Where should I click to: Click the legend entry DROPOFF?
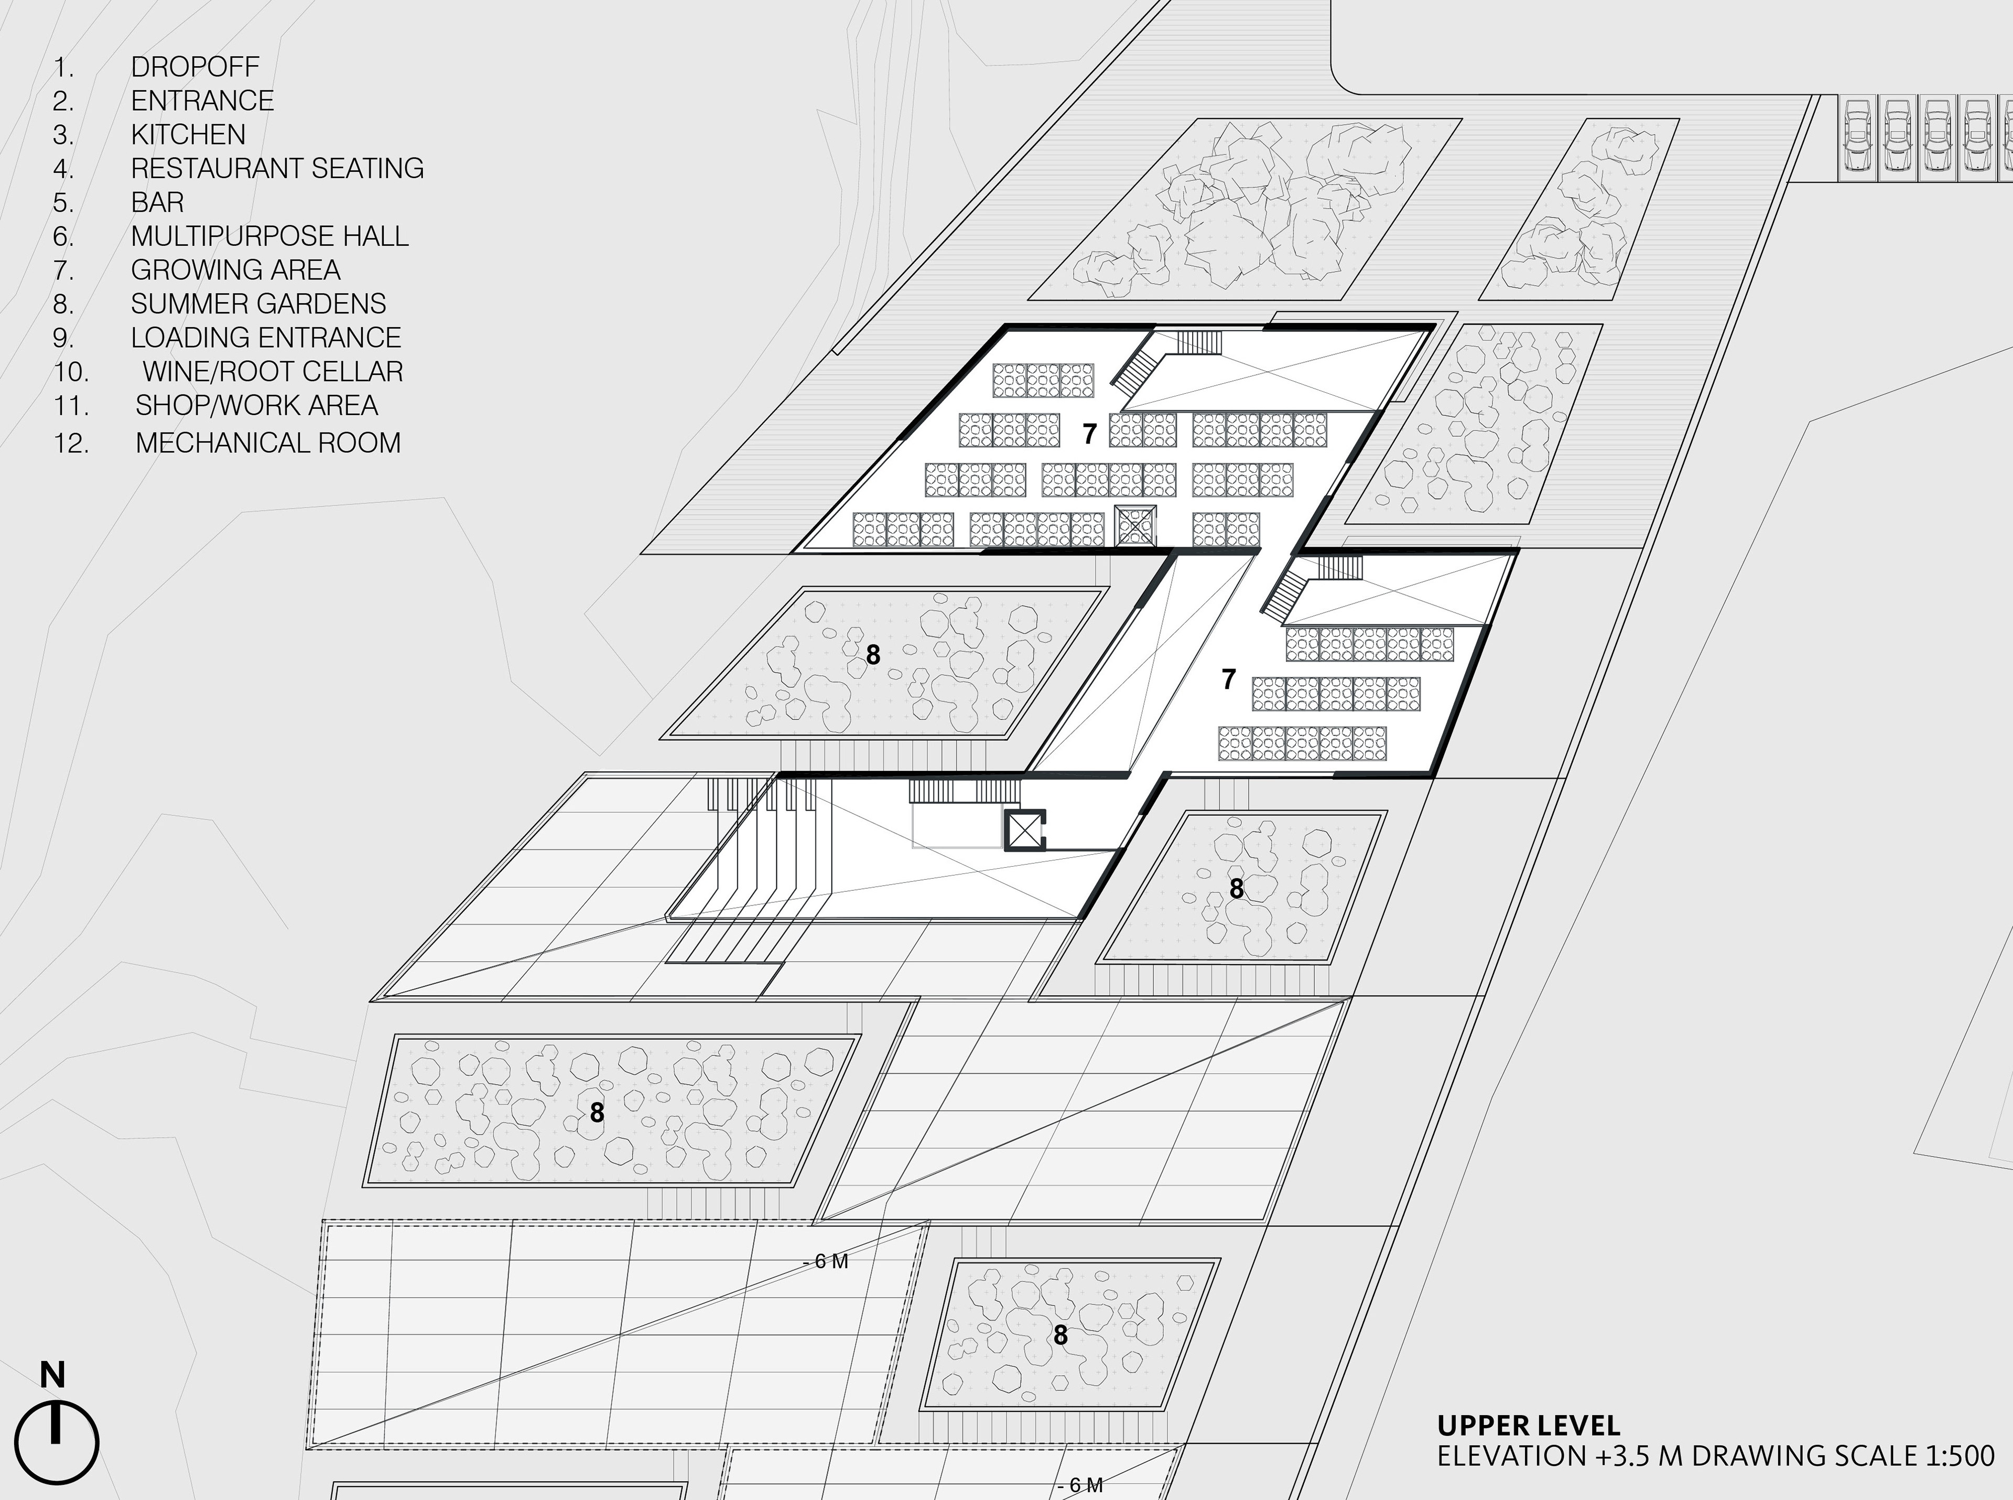pyautogui.click(x=194, y=66)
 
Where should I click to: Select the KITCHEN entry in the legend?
pyautogui.click(x=188, y=134)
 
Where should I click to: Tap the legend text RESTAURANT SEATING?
pyautogui.click(x=277, y=168)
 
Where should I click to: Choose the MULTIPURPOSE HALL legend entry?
pyautogui.click(x=269, y=236)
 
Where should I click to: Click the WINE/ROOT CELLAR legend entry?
pyautogui.click(x=273, y=371)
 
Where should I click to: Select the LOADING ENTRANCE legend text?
pyautogui.click(x=265, y=338)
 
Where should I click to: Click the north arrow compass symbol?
pyautogui.click(x=57, y=1442)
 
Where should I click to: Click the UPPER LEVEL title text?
pyautogui.click(x=1528, y=1426)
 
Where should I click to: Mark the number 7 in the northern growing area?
pyautogui.click(x=1089, y=434)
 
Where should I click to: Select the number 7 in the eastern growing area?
pyautogui.click(x=1228, y=678)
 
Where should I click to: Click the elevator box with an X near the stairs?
pyautogui.click(x=1024, y=830)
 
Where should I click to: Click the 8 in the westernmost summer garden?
pyautogui.click(x=597, y=1113)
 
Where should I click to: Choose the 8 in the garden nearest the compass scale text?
pyautogui.click(x=1060, y=1335)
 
